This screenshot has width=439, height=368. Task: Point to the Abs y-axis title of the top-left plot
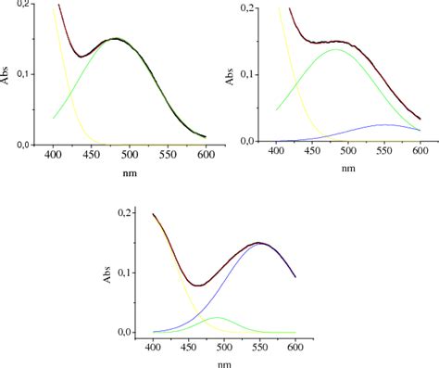click(x=8, y=76)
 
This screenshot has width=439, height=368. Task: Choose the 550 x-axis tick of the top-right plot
click(x=383, y=150)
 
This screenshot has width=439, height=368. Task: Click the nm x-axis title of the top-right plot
click(x=346, y=168)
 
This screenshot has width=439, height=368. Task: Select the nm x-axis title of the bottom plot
click(x=225, y=362)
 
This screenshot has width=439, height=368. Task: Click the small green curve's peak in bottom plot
click(x=217, y=318)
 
